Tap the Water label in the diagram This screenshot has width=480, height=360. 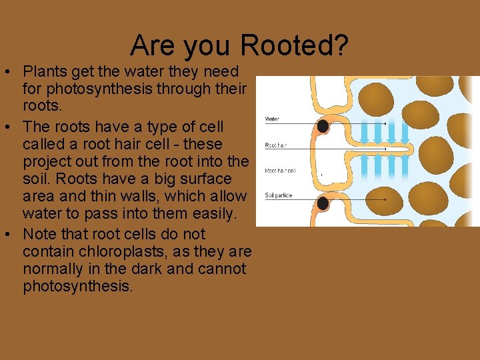(273, 119)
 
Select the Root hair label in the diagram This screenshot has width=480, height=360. (276, 145)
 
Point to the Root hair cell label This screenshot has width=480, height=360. (281, 171)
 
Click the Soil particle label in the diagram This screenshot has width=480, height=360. (279, 195)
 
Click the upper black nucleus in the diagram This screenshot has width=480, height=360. (323, 125)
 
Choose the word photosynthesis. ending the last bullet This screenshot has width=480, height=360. (78, 287)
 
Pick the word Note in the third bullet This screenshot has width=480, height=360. (38, 235)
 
